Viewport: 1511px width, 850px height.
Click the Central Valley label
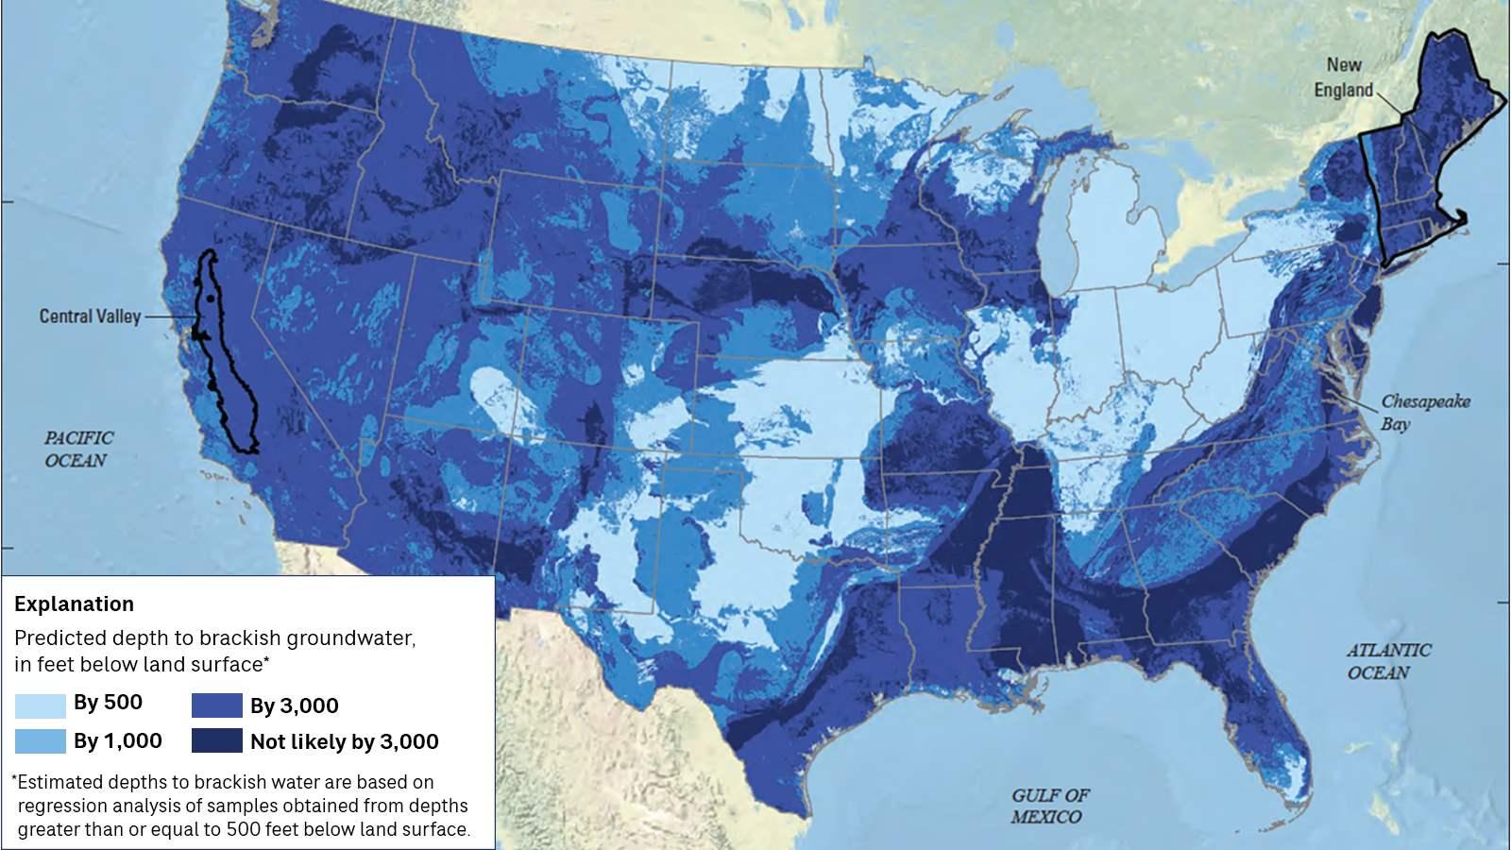point(90,316)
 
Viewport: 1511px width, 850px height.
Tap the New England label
point(1344,77)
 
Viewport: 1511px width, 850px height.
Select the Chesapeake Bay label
point(1425,412)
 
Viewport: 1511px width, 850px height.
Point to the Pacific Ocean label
point(78,449)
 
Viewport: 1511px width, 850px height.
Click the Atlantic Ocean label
point(1387,661)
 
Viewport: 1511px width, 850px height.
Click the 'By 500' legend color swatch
point(40,704)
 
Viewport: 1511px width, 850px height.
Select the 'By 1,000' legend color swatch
point(40,741)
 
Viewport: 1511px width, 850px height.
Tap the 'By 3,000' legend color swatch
point(216,705)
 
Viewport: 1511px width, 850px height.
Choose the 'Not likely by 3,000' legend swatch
point(216,741)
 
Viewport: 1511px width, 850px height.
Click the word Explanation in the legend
point(74,603)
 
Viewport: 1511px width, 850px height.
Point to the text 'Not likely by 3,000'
point(344,742)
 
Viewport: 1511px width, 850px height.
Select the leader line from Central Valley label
point(165,317)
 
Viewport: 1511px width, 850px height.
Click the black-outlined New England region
point(1417,161)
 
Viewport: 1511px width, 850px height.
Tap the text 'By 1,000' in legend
point(117,741)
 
